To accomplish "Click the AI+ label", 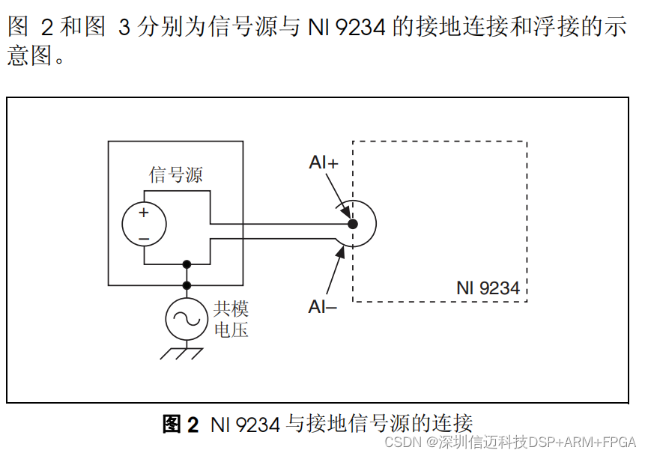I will [x=324, y=162].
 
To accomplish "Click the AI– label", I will [x=323, y=306].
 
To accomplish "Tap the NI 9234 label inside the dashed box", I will [x=488, y=288].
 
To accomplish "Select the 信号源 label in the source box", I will [x=176, y=175].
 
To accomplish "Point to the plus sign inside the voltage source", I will [x=143, y=213].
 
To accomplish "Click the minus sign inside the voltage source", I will [x=143, y=237].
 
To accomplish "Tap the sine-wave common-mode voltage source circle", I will [x=187, y=318].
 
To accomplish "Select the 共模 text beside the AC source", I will [x=231, y=308].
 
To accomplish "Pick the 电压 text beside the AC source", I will [x=231, y=329].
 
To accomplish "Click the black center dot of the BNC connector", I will [x=353, y=224].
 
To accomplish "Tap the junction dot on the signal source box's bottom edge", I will [x=187, y=285].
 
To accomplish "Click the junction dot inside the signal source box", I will [x=187, y=264].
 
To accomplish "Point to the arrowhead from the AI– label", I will [x=342, y=253].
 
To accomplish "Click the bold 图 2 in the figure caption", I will [x=181, y=425].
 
